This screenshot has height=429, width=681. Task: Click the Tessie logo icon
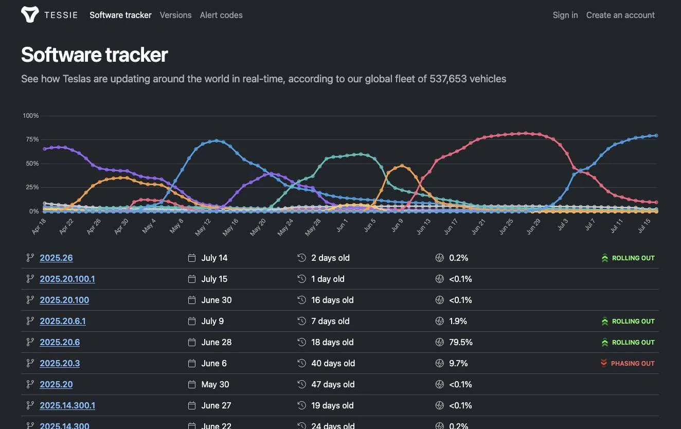[x=30, y=14]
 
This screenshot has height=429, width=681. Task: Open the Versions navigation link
[x=176, y=15]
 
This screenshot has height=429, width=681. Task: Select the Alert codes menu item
[x=221, y=15]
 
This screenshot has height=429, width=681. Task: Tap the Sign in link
[x=565, y=15]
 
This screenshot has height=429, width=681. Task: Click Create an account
[x=620, y=15]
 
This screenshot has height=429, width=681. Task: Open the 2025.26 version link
[x=56, y=258]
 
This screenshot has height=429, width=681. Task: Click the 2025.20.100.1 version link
[x=67, y=279]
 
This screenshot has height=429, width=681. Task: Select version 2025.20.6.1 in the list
[x=63, y=321]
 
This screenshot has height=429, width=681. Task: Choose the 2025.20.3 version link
[x=60, y=363]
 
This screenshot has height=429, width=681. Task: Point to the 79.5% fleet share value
[x=460, y=342]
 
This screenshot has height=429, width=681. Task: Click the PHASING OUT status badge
[x=628, y=363]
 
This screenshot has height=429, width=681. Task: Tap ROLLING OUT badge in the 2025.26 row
[x=629, y=258]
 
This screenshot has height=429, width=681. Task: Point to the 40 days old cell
[x=333, y=363]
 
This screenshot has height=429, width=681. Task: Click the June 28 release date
[x=217, y=342]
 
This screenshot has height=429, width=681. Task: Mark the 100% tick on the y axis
[x=31, y=116]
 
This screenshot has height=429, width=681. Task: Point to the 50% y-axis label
[x=32, y=163]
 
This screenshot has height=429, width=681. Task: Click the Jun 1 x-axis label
[x=342, y=226]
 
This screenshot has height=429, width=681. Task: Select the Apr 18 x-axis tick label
[x=39, y=226]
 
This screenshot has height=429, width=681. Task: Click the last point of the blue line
[x=656, y=136]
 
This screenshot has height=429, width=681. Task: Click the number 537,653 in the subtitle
[x=448, y=79]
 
